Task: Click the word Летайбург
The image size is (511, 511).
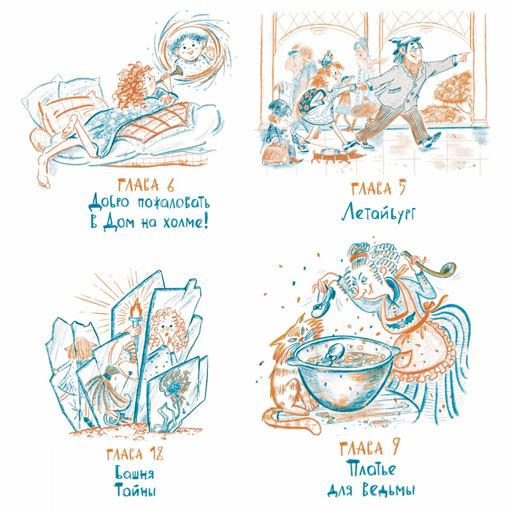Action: pos(378,212)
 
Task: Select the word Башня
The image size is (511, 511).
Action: pos(134,474)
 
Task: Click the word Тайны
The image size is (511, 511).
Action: pos(135,491)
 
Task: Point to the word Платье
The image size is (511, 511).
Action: pos(371,469)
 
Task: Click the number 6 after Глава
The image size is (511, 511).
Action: pos(170,185)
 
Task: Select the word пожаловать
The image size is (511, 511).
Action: pos(173,204)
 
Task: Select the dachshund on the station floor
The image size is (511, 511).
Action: pos(331,156)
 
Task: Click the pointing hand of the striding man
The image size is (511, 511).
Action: pos(462,57)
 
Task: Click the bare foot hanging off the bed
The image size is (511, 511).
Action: pos(42,173)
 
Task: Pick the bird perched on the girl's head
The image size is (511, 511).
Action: pos(327,60)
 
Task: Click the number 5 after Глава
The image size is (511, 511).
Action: pos(401,188)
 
